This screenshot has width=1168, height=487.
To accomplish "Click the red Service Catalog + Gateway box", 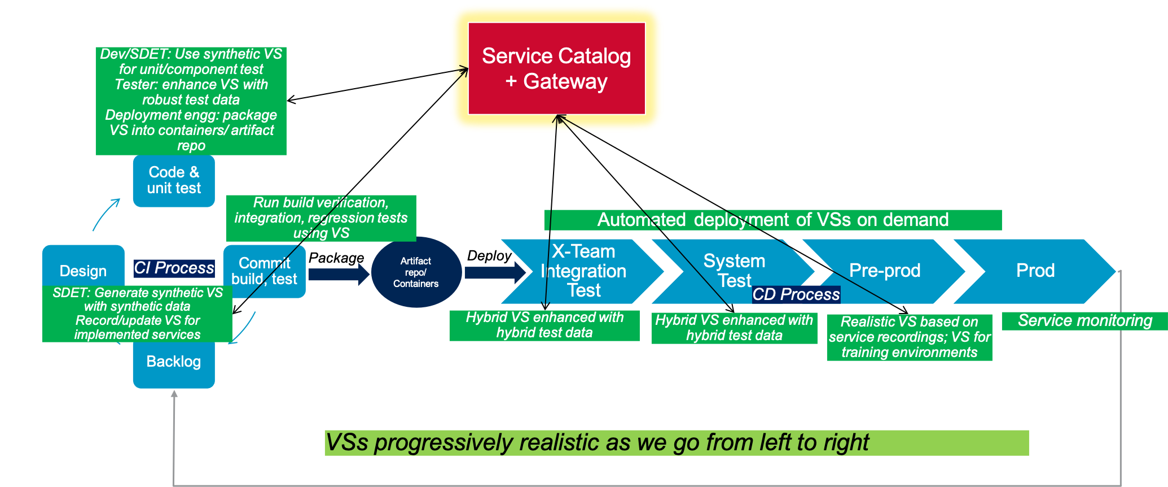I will pyautogui.click(x=556, y=68).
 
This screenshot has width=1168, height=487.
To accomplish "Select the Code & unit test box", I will pyautogui.click(x=174, y=181).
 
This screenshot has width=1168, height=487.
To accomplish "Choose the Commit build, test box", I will pyautogui.click(x=264, y=271).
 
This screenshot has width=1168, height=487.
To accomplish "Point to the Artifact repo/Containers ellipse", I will pyautogui.click(x=416, y=272).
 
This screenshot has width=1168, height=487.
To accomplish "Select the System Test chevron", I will pyautogui.click(x=734, y=270).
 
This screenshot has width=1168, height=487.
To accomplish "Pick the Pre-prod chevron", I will pyautogui.click(x=884, y=271).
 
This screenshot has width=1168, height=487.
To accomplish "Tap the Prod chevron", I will pyautogui.click(x=1035, y=271).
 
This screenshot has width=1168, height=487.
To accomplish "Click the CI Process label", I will pyautogui.click(x=174, y=268).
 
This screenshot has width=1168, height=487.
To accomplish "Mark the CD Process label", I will pyautogui.click(x=796, y=294).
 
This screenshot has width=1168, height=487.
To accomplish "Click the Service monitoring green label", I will pyautogui.click(x=1084, y=321).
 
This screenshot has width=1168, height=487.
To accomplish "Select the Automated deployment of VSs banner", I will pyautogui.click(x=773, y=220).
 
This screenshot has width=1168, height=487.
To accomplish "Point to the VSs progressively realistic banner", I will pyautogui.click(x=676, y=443).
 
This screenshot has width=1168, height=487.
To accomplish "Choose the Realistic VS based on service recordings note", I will pyautogui.click(x=909, y=337).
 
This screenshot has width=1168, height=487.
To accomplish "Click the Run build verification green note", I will pyautogui.click(x=320, y=218).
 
